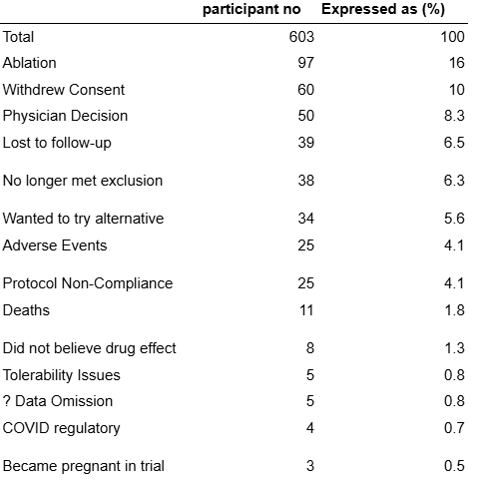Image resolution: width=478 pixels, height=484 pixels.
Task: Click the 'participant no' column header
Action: (x=251, y=10)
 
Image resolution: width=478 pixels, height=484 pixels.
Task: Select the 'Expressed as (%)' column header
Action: (x=383, y=9)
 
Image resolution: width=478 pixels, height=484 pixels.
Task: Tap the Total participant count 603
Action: (x=301, y=37)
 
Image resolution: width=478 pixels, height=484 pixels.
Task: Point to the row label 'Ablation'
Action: (x=29, y=63)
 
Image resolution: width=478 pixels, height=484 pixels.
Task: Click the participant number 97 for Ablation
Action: (x=305, y=63)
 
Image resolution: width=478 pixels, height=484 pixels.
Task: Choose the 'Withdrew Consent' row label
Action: (x=64, y=90)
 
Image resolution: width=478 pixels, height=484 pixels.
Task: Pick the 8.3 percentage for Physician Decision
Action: (x=454, y=116)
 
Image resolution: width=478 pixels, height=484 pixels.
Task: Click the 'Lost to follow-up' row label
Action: (x=57, y=143)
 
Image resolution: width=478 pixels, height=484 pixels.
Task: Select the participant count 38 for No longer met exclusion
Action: (x=305, y=181)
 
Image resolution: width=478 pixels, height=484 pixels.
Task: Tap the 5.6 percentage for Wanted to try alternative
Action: (x=454, y=219)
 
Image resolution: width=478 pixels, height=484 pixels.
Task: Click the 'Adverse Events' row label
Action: (x=55, y=245)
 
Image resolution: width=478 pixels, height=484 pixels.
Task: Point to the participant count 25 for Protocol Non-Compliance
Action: (x=305, y=283)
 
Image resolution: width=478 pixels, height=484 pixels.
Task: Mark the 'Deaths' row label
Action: (x=26, y=310)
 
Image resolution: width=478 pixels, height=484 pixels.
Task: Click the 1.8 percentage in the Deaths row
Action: (x=454, y=310)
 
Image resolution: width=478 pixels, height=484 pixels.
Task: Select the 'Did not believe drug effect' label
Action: (x=89, y=348)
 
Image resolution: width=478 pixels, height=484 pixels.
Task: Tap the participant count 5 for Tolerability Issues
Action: (x=310, y=375)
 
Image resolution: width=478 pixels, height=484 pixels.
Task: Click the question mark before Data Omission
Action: (x=7, y=401)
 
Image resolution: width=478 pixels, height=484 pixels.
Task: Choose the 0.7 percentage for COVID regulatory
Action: (x=454, y=428)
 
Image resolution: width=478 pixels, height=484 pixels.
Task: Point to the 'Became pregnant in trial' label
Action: (x=84, y=466)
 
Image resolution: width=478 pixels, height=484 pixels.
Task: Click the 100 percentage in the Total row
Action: (x=452, y=37)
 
